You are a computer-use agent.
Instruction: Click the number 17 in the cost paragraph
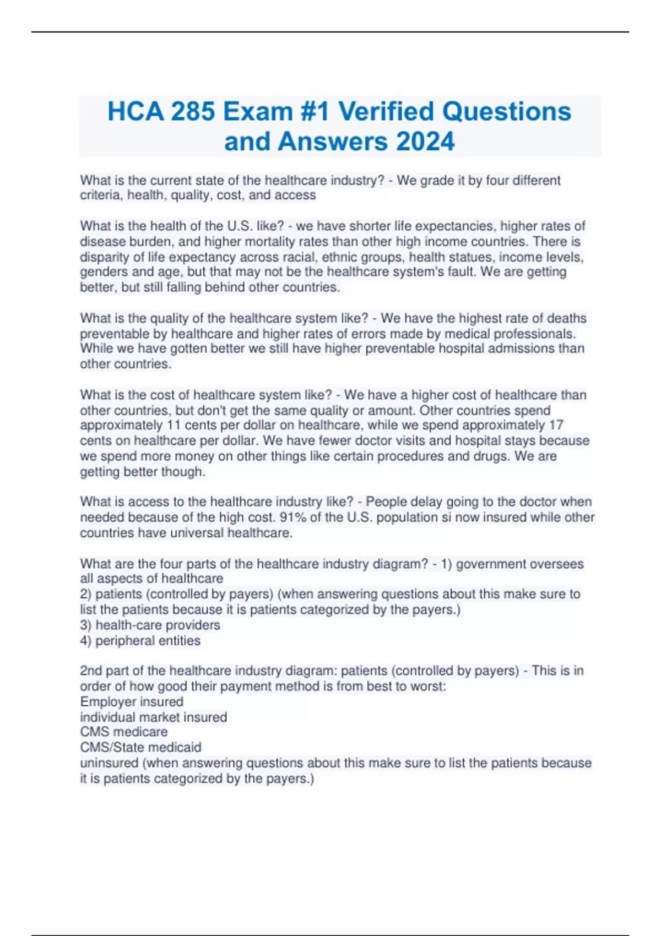(556, 425)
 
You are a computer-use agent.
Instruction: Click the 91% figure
(293, 518)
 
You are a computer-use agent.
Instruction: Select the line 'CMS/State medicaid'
(140, 748)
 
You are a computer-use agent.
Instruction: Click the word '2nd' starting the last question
(91, 671)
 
